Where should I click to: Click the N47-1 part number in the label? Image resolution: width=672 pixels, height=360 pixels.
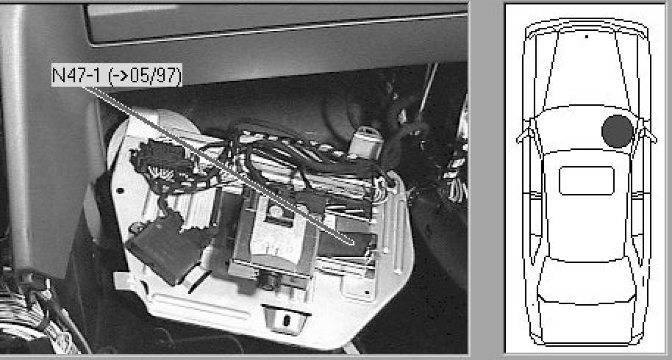pyautogui.click(x=76, y=75)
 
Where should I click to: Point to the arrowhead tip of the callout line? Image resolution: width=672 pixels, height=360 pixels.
pyautogui.click(x=354, y=245)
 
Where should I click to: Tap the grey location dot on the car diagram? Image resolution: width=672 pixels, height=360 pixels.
pyautogui.click(x=617, y=132)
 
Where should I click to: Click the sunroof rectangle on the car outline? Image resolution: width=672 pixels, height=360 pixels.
pyautogui.click(x=587, y=180)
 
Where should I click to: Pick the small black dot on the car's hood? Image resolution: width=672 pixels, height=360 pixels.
pyautogui.click(x=586, y=37)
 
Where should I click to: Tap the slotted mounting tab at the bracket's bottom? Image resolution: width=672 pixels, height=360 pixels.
pyautogui.click(x=286, y=320)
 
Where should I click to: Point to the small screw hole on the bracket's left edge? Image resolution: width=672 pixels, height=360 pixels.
pyautogui.click(x=121, y=190)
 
